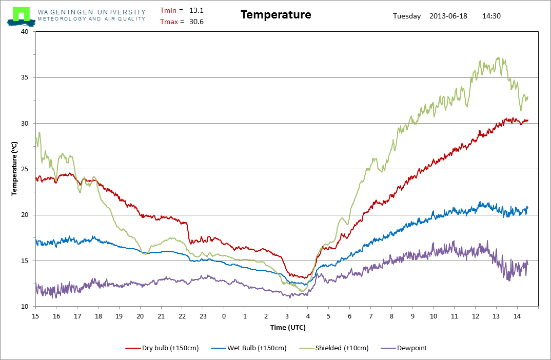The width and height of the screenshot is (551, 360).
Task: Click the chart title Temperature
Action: (276, 15)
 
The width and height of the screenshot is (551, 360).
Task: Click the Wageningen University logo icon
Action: (21, 16)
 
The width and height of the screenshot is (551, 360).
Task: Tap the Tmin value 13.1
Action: (196, 11)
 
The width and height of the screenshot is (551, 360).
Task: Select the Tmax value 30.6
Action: (196, 22)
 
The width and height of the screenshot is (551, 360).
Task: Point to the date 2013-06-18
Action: (448, 16)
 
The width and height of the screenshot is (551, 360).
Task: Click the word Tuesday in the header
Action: (406, 16)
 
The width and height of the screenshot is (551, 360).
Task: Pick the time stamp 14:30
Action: (491, 16)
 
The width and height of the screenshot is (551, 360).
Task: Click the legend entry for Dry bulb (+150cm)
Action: (162, 348)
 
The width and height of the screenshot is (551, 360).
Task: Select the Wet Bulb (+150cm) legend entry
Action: (249, 348)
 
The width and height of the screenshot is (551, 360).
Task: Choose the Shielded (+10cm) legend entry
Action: (334, 348)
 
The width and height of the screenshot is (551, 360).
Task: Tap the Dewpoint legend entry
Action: (404, 348)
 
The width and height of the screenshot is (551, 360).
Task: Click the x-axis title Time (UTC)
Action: (288, 327)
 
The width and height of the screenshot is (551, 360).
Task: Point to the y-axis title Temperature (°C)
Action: (14, 169)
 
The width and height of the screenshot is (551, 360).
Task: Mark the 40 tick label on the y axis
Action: (25, 32)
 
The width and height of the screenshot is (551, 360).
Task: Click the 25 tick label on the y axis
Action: (25, 169)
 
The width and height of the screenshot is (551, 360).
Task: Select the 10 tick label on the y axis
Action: (25, 307)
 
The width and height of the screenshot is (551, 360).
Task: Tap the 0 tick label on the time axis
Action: (224, 316)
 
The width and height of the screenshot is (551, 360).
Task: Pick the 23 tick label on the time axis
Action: (203, 316)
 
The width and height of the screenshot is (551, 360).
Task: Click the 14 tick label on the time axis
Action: (517, 316)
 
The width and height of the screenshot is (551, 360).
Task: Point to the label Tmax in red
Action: (169, 22)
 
